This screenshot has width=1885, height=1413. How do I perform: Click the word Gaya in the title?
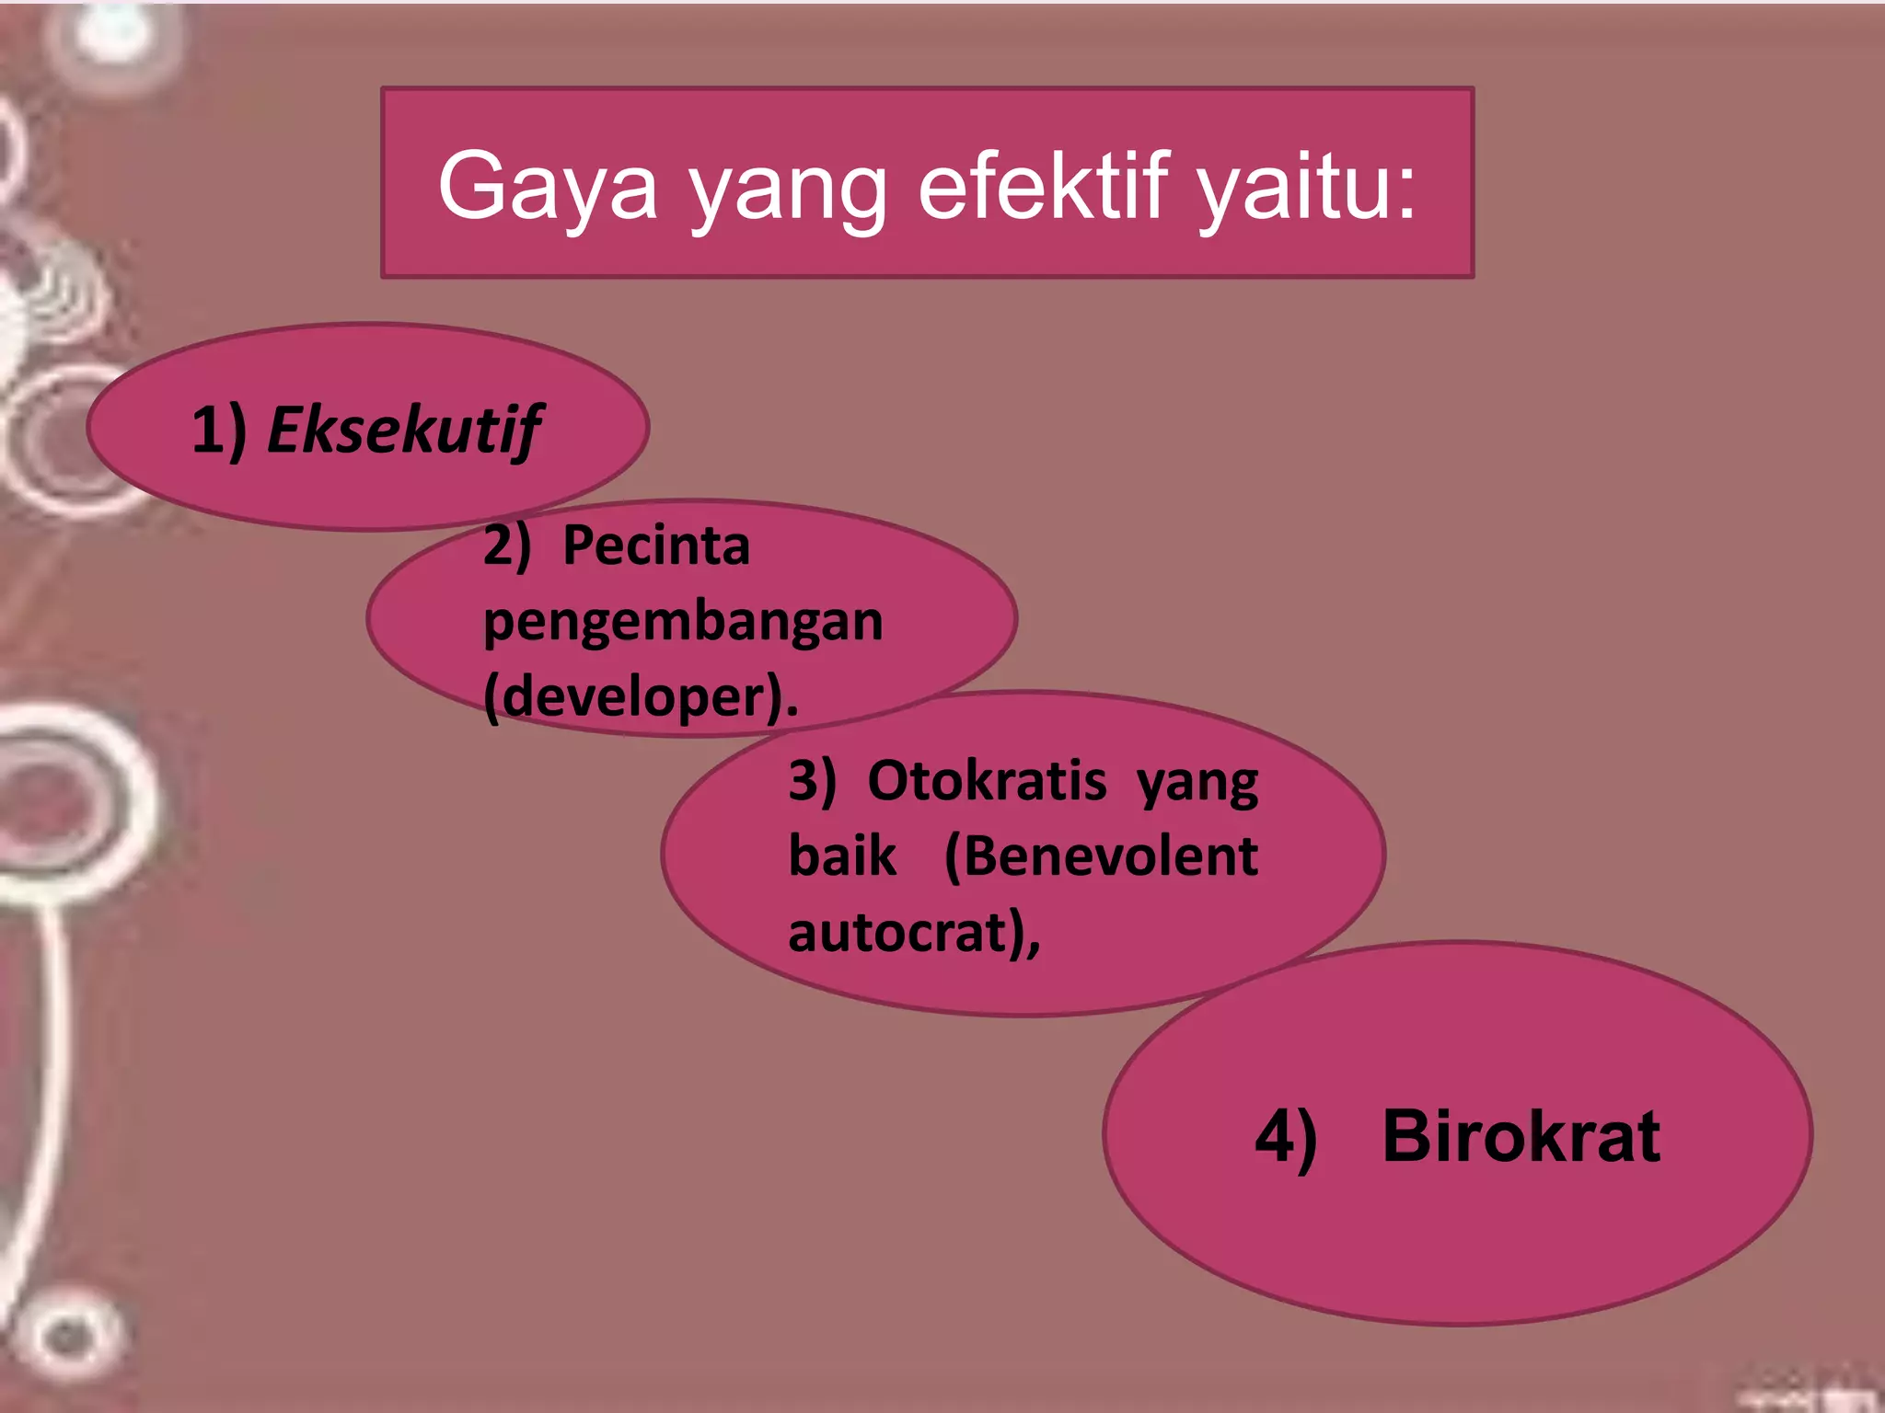547,187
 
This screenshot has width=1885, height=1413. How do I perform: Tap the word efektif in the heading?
1044,187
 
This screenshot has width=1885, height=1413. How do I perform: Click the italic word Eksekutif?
403,431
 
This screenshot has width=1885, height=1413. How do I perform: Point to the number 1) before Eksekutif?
219,431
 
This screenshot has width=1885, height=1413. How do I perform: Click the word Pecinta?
655,545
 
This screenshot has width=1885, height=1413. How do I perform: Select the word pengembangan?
683,622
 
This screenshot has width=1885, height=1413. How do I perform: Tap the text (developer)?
641,697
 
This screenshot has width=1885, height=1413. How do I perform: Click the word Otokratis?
987,781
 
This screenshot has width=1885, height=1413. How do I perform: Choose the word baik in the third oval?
841,856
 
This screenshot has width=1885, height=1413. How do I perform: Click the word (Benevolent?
1101,856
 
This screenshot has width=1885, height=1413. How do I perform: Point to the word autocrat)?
914,933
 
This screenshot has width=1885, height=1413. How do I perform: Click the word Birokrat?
1521,1136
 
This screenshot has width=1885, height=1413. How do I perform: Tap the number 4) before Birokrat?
1286,1138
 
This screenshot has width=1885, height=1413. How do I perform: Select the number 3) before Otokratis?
812,781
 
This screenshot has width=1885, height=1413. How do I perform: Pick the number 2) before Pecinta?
507,545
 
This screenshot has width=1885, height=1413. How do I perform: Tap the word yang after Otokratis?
1197,785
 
